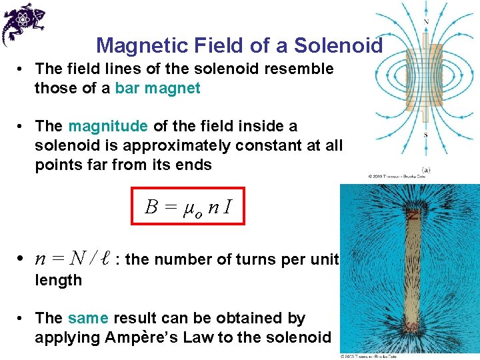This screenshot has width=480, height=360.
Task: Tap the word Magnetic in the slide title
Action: pos(143,45)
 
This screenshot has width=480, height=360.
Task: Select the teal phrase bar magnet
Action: pos(157,89)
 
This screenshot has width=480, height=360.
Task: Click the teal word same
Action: pos(89,319)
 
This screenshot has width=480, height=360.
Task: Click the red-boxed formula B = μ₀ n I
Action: pos(188,207)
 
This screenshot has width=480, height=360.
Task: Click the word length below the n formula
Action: pos(58,280)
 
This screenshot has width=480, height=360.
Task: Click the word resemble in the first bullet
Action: pos(300,69)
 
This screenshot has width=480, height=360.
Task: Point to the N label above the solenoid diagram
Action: pos(426,21)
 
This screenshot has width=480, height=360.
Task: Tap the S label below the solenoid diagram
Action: pos(425,135)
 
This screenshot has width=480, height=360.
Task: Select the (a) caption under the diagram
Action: pos(425,170)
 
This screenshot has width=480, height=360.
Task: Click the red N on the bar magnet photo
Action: pos(413,215)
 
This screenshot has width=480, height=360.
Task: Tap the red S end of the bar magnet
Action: pos(413,327)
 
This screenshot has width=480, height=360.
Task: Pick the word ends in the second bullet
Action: pos(194,165)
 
